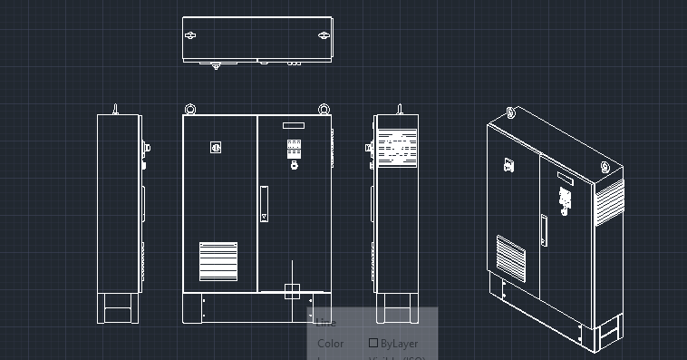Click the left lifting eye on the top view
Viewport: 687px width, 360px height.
pyautogui.click(x=190, y=35)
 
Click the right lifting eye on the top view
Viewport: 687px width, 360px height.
pyautogui.click(x=324, y=35)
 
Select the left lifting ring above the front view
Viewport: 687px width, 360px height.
pyautogui.click(x=190, y=110)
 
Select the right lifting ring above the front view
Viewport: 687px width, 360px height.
pyautogui.click(x=323, y=110)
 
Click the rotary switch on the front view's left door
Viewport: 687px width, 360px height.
pyautogui.click(x=216, y=147)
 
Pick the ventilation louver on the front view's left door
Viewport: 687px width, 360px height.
pyautogui.click(x=218, y=261)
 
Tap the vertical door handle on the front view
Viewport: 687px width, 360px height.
pyautogui.click(x=264, y=203)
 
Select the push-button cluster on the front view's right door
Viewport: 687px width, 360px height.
pyautogui.click(x=294, y=149)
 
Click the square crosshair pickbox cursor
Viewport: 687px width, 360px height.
pyautogui.click(x=292, y=291)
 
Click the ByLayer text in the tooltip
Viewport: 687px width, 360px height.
pyautogui.click(x=400, y=344)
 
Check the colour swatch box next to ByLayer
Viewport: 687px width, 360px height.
pyautogui.click(x=373, y=344)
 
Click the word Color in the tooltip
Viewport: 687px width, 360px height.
pyautogui.click(x=330, y=344)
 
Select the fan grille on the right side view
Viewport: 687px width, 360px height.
pyautogui.click(x=397, y=148)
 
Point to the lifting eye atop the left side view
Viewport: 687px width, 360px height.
pyautogui.click(x=116, y=109)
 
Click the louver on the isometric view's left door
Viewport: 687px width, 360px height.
pyautogui.click(x=510, y=258)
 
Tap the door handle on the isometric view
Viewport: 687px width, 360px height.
pyautogui.click(x=545, y=230)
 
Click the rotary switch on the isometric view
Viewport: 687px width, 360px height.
pyautogui.click(x=508, y=165)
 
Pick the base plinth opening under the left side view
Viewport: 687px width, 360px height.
pyautogui.click(x=118, y=314)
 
